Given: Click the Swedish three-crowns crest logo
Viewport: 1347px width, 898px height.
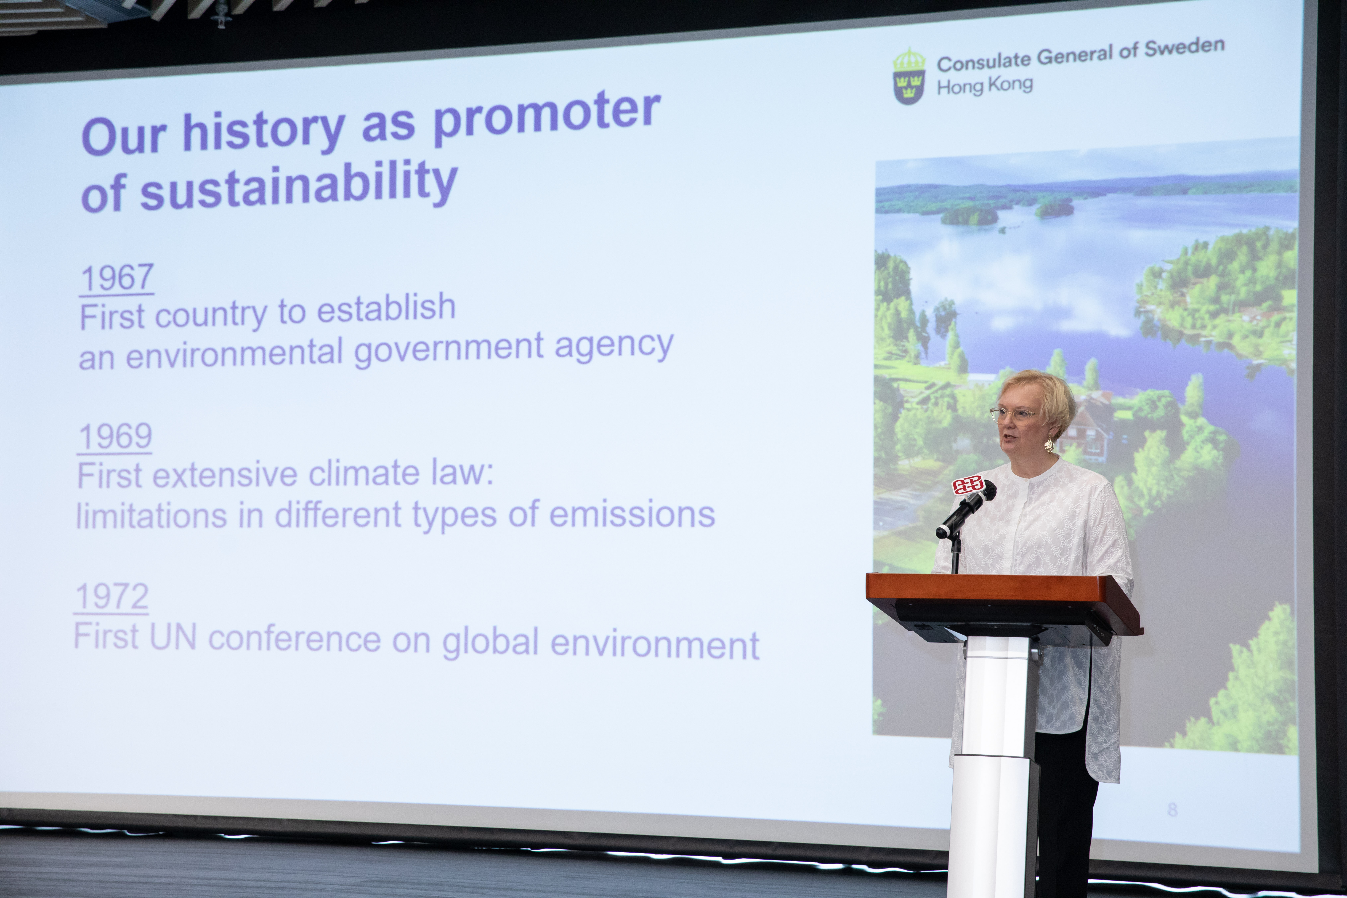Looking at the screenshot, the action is coord(909,77).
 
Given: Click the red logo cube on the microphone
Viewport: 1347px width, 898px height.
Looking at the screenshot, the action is coord(967,486).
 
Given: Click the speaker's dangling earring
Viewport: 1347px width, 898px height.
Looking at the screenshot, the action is coord(1049,442).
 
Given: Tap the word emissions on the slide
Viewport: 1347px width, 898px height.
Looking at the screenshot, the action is coord(632,514).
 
